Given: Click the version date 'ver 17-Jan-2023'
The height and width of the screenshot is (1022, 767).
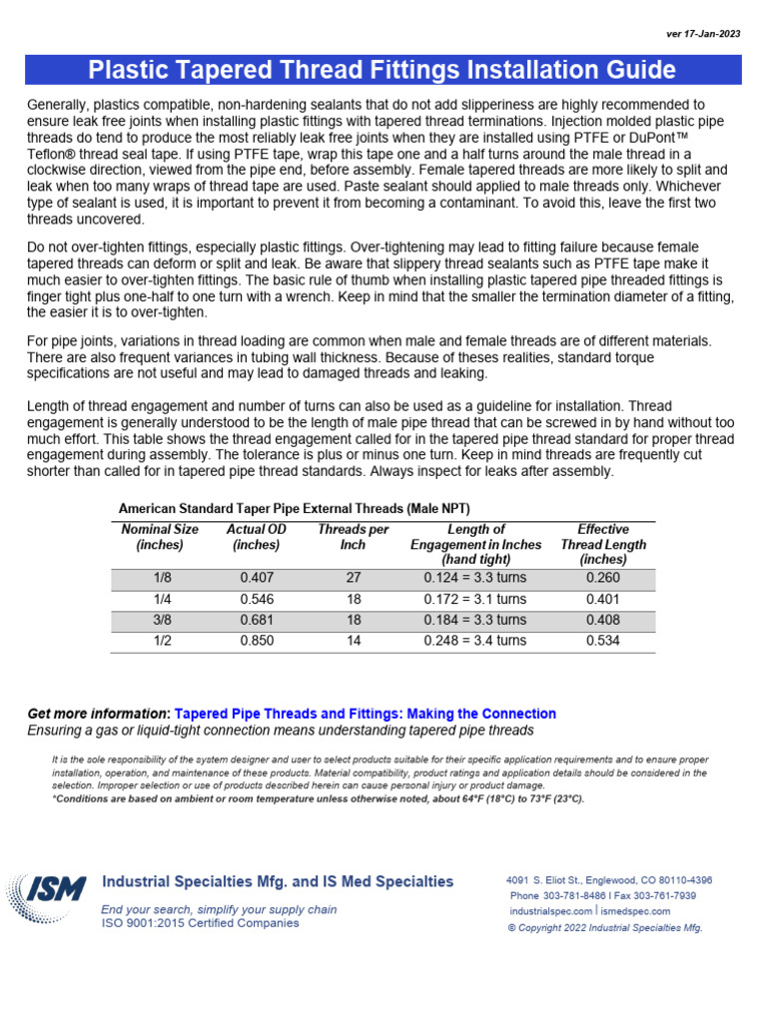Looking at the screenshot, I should (704, 35).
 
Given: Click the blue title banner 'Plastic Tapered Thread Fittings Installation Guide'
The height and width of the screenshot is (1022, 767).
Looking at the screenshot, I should (383, 70).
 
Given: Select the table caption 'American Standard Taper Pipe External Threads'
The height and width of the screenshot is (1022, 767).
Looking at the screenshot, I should (295, 507).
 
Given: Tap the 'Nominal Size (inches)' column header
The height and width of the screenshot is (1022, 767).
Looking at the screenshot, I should (160, 537).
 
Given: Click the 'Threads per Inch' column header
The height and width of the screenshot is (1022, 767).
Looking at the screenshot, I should (353, 537).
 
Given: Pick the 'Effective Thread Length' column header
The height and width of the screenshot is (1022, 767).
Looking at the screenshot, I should (603, 545).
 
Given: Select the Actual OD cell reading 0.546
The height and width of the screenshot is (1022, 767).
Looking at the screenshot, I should (257, 599).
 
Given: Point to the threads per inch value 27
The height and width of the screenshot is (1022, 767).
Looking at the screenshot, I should (353, 577).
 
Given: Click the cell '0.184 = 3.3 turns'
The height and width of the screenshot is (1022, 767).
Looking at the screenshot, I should (475, 620).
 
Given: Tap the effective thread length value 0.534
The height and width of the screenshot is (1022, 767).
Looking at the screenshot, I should (603, 641).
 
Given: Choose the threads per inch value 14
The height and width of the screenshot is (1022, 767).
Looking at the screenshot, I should (353, 641).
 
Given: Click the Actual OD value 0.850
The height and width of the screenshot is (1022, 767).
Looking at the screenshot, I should (257, 641).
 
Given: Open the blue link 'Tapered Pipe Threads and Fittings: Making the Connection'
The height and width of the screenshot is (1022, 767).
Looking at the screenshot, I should (366, 714).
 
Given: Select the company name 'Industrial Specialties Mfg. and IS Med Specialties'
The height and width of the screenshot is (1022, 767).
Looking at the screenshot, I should (278, 882).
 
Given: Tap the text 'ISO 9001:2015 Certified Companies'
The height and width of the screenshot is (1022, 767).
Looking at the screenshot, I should (200, 923).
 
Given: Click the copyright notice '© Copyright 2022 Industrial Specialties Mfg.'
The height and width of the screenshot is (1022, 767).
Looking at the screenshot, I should (605, 927).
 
